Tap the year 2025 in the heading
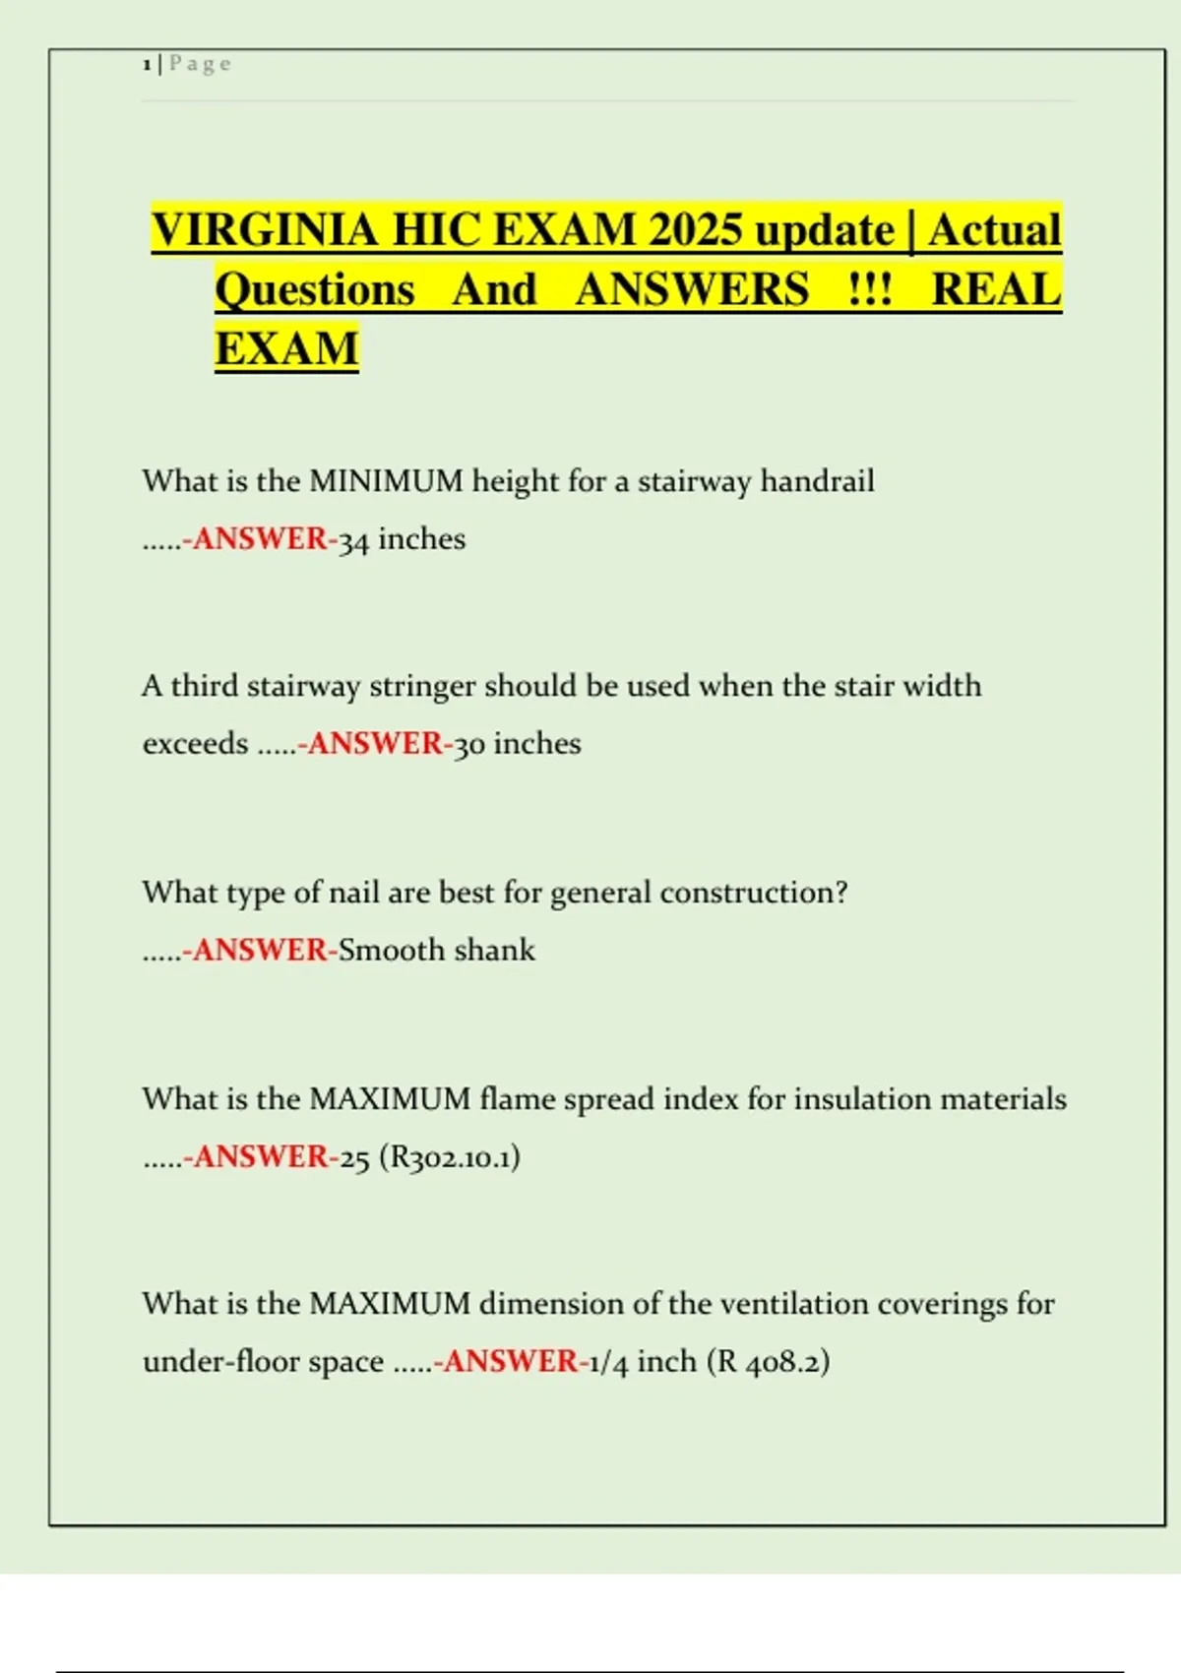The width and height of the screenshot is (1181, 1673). pos(694,230)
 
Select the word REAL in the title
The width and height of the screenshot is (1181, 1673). pos(996,289)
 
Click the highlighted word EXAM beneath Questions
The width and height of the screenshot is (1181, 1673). pos(286,348)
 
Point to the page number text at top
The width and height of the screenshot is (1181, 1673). pos(187,64)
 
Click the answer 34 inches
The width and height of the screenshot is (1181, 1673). pos(402,539)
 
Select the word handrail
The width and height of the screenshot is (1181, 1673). pos(817,481)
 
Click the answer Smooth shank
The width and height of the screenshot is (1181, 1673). pos(437,950)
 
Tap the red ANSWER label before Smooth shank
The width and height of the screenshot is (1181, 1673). pos(260,950)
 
